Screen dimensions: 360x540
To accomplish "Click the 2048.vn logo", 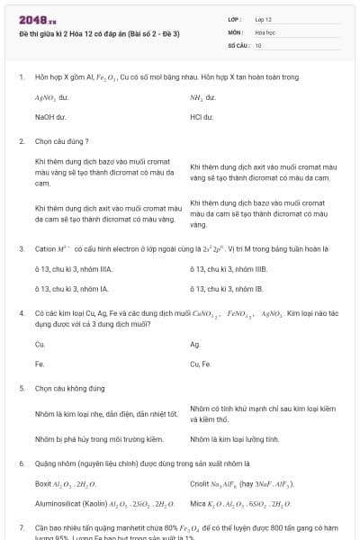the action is (37, 18).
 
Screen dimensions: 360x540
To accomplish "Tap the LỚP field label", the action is (235, 18).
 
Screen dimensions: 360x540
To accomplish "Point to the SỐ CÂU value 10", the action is (258, 45).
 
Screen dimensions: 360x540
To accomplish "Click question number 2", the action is (22, 141).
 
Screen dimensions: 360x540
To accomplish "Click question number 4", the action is (22, 313).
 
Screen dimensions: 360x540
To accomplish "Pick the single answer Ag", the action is (195, 344).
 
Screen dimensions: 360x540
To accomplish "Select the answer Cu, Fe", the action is (201, 364).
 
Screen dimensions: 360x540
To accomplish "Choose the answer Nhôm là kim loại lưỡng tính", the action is (235, 439).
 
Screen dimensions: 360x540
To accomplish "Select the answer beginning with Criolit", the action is (242, 484).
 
